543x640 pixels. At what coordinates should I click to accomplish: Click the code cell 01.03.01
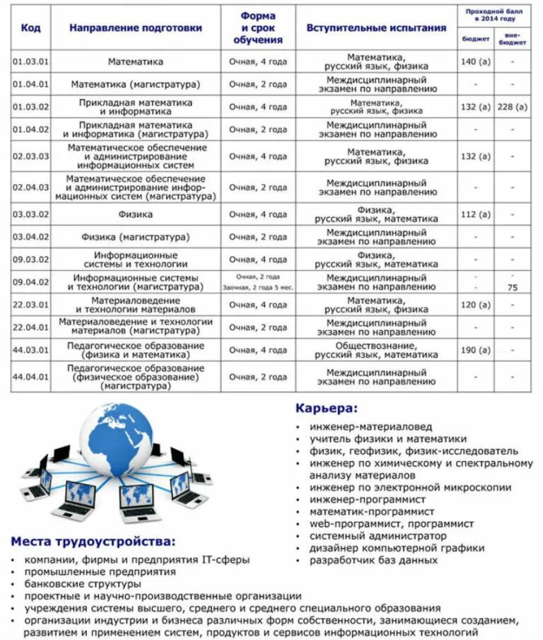click(x=30, y=62)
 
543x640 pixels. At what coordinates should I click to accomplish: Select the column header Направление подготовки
click(x=136, y=28)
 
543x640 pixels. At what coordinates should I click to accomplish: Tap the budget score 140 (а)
click(x=475, y=62)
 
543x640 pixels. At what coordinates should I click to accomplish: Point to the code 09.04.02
click(x=30, y=282)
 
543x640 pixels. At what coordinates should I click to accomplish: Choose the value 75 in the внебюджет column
click(x=513, y=288)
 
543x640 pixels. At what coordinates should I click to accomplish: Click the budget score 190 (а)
click(x=475, y=350)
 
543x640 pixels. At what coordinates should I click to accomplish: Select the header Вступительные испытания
click(x=376, y=28)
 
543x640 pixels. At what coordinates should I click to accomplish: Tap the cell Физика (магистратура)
click(x=136, y=237)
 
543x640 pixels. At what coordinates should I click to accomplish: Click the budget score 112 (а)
click(x=475, y=214)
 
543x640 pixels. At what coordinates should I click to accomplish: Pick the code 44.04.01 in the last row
click(x=30, y=377)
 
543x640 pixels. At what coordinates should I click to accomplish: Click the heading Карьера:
click(x=326, y=409)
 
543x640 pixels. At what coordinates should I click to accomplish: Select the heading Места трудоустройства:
click(x=93, y=542)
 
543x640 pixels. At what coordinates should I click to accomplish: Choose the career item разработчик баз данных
click(x=373, y=560)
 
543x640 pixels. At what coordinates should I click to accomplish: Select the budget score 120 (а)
click(x=475, y=305)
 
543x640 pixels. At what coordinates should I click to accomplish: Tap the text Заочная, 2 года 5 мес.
click(x=258, y=288)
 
